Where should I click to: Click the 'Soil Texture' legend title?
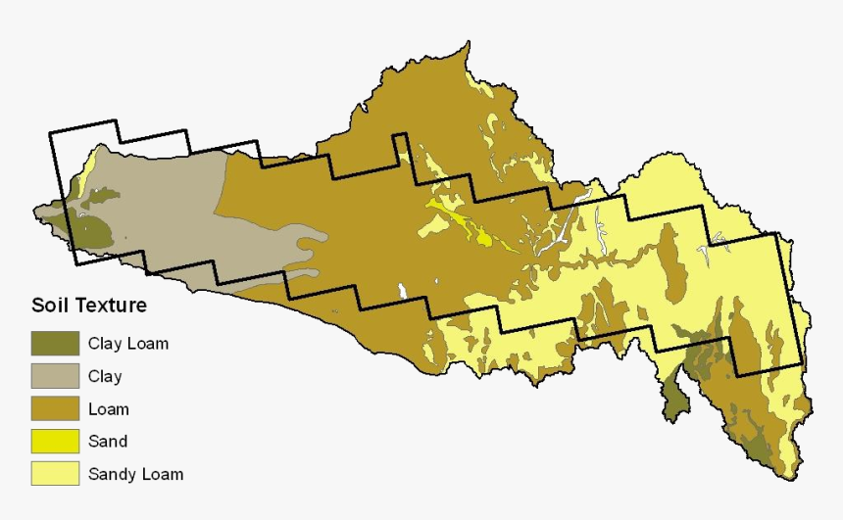point(88,306)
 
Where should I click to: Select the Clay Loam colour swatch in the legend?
point(55,344)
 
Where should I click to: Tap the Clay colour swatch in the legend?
point(55,376)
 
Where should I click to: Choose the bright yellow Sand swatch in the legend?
point(55,442)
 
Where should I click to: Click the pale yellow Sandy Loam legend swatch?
point(55,474)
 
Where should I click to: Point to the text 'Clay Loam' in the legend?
point(128,344)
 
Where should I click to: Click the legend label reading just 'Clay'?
point(105,376)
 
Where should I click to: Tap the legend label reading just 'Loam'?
point(108,409)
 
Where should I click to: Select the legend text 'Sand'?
point(108,442)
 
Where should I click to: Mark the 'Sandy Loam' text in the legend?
point(135,474)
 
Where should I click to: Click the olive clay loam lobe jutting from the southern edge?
point(673,400)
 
